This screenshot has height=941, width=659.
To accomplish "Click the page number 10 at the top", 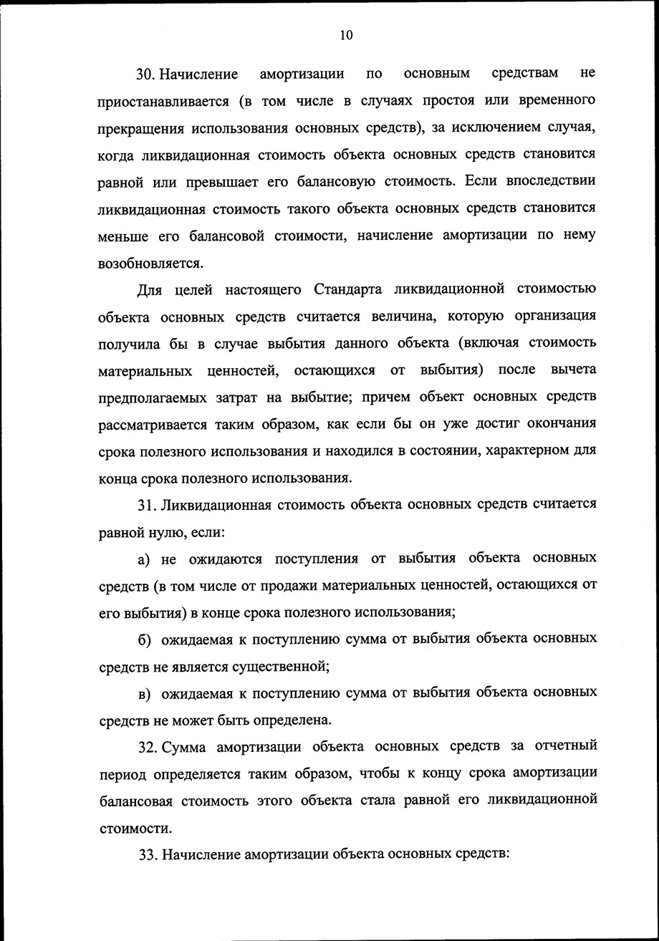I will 347,36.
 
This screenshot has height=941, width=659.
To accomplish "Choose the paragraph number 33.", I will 148,855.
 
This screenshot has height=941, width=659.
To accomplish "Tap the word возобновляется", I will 150,263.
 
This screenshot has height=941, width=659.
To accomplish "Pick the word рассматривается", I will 153,424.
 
